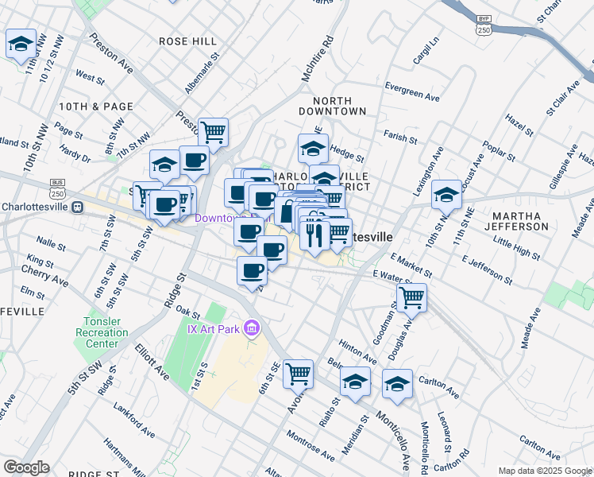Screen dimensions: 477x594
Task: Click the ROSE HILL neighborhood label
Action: pos(187,41)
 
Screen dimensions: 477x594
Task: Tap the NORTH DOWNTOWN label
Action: pos(342,106)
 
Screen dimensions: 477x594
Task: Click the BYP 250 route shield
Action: pos(484,24)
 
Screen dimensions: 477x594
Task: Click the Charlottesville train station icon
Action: pos(78,207)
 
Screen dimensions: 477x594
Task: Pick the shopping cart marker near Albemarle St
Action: pos(214,132)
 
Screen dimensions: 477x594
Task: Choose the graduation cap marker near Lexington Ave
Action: pos(446,194)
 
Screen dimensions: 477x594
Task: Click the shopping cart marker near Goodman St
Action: pos(411,298)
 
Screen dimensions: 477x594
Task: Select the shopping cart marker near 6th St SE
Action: pos(298,372)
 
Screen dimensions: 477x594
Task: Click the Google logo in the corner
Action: pos(26,467)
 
